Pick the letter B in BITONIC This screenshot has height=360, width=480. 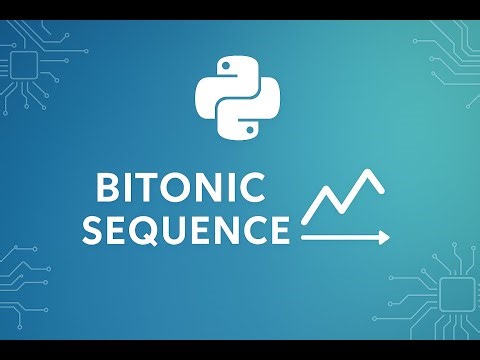tap(110, 188)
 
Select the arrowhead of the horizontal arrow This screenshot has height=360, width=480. tap(384, 238)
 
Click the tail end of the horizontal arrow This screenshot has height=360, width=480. tap(303, 238)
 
